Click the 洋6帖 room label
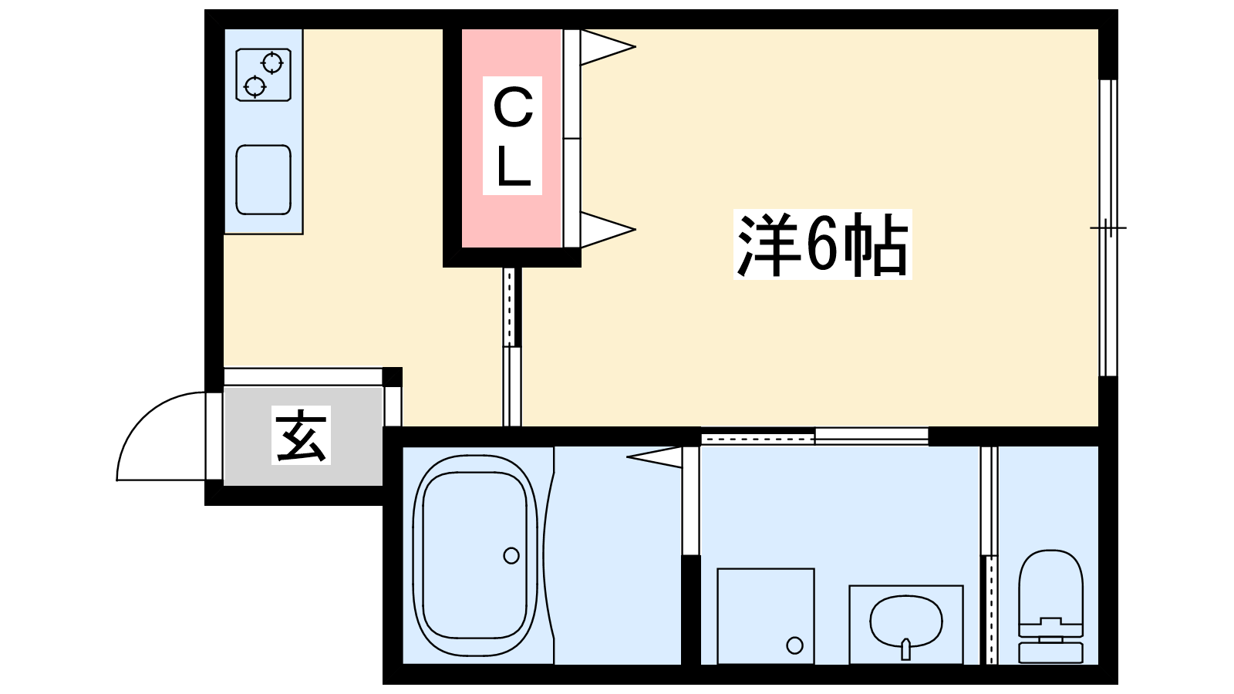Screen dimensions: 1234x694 822,244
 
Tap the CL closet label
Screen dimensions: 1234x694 512,136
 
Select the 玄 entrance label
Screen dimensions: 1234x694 301,435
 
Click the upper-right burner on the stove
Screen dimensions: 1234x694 272,63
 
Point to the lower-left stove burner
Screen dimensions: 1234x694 255,86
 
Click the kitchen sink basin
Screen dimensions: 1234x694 263,180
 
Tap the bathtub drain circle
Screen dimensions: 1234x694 511,555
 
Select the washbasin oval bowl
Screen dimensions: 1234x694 905,620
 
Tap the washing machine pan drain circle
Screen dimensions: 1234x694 794,645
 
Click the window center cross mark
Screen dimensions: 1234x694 1108,227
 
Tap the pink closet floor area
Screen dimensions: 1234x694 512,138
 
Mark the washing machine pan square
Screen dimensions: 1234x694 766,616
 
